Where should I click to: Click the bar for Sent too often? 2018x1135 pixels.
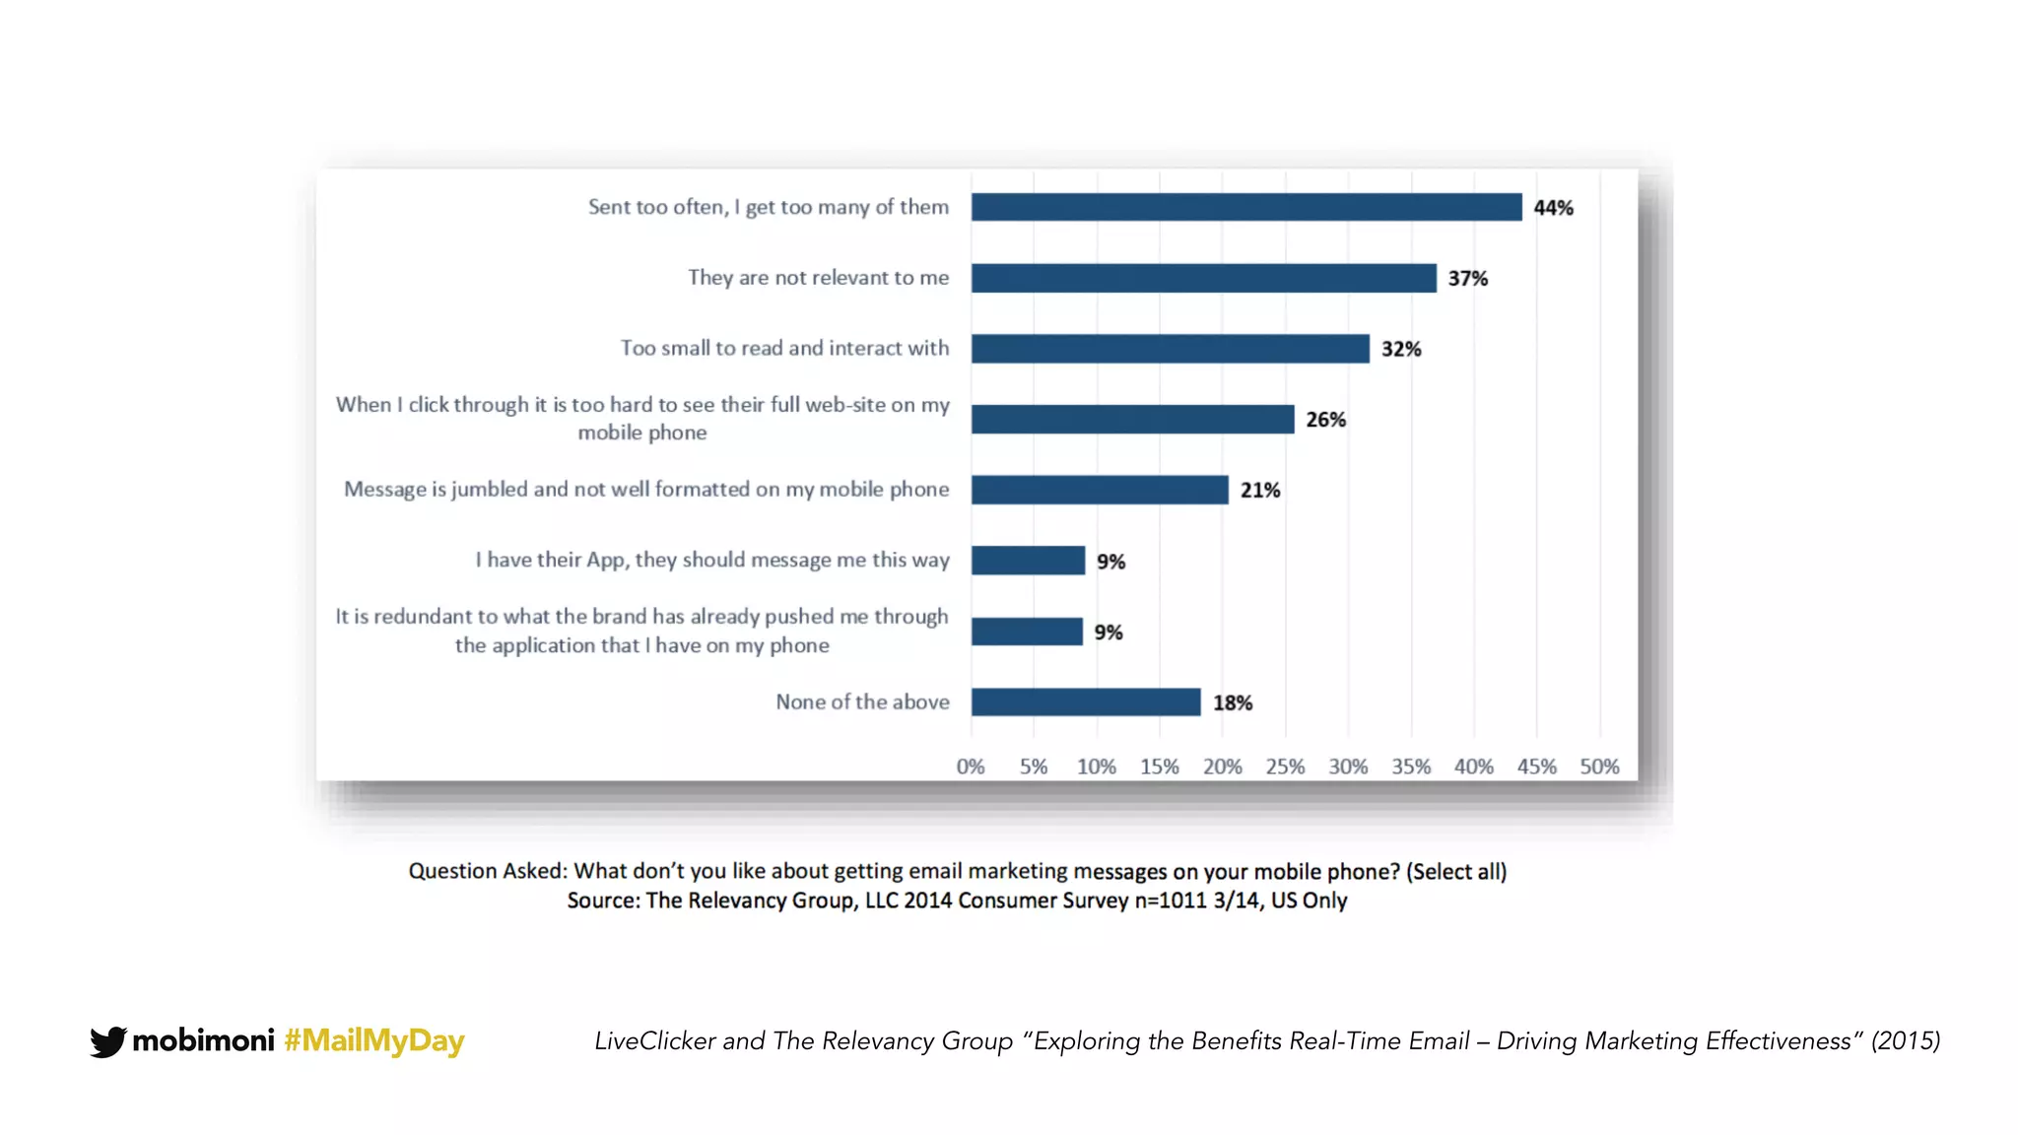tap(1246, 207)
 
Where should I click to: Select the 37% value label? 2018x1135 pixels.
tap(1467, 279)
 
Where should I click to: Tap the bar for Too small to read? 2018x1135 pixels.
tap(1170, 349)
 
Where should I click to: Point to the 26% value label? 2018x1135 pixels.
tap(1325, 420)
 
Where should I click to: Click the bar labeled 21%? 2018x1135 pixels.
tap(1100, 490)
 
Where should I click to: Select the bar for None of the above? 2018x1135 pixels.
tap(1085, 702)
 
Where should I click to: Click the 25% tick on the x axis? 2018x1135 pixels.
tap(1285, 767)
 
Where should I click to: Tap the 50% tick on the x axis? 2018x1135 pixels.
tap(1599, 767)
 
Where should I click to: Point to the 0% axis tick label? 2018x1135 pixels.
tap(971, 767)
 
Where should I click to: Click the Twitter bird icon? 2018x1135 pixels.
tap(107, 1041)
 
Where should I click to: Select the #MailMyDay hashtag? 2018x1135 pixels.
tap(373, 1040)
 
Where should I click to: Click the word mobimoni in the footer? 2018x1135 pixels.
tap(203, 1040)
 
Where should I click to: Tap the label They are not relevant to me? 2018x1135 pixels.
tap(818, 278)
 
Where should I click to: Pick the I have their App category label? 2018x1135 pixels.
tap(712, 560)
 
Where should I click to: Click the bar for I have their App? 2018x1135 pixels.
tap(1028, 561)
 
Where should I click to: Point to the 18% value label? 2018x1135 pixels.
tap(1232, 703)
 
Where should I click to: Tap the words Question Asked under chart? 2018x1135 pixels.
tap(487, 871)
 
